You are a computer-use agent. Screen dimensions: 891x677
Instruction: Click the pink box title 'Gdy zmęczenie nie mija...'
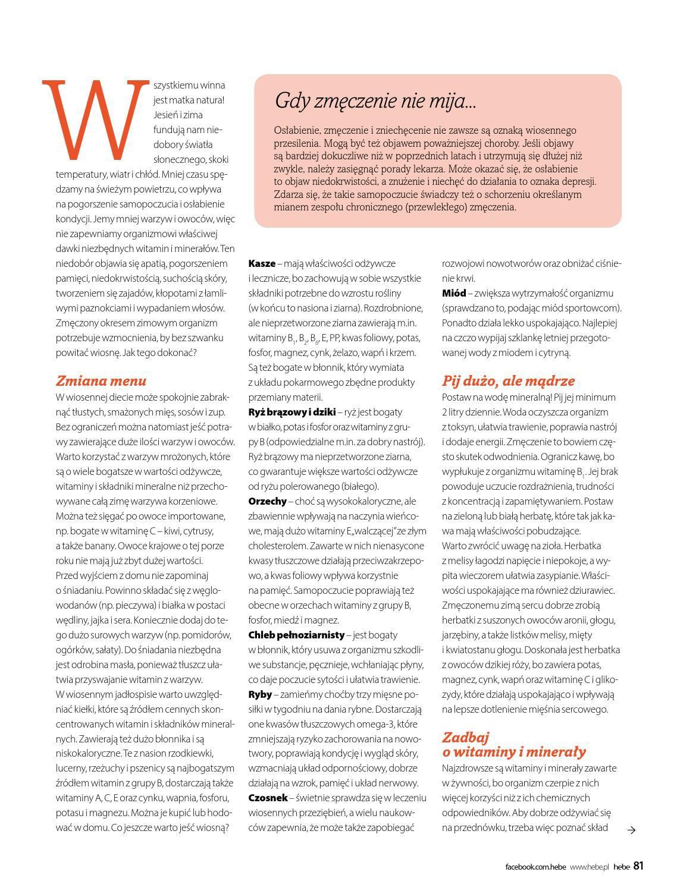375,101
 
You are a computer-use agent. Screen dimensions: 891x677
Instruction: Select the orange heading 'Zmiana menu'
101,381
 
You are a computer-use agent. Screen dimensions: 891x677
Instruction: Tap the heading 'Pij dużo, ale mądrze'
508,381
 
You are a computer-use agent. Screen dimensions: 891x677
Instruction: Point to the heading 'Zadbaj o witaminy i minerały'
513,745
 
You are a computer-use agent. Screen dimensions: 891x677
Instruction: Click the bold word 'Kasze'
262,263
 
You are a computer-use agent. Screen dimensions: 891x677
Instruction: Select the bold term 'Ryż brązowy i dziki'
292,412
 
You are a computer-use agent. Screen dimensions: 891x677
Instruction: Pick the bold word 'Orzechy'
267,501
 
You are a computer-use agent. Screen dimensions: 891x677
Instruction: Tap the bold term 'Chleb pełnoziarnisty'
296,635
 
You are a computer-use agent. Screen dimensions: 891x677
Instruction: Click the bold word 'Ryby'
260,694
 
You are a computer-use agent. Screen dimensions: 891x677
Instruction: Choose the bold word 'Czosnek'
268,798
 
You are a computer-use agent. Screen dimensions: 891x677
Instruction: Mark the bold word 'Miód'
454,293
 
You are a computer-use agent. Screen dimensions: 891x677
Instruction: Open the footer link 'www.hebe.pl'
590,867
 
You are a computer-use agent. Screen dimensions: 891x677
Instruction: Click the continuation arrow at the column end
632,830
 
